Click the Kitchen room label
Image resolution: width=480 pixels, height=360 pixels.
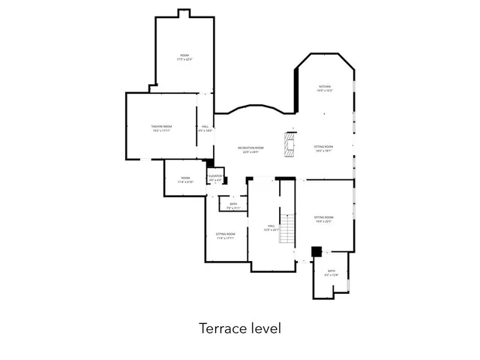324,86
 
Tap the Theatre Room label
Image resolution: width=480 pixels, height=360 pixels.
162,126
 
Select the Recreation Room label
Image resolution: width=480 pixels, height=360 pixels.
250,148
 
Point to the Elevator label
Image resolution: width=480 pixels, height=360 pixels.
215,176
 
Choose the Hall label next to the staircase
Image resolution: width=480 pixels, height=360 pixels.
271,226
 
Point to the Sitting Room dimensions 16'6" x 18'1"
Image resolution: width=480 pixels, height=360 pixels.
323,151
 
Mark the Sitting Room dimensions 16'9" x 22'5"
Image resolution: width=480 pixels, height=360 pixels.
323,221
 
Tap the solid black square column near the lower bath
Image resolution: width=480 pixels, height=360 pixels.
316,251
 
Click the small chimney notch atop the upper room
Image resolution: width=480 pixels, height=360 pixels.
184,13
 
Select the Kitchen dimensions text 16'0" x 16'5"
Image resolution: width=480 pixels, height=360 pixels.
324,91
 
